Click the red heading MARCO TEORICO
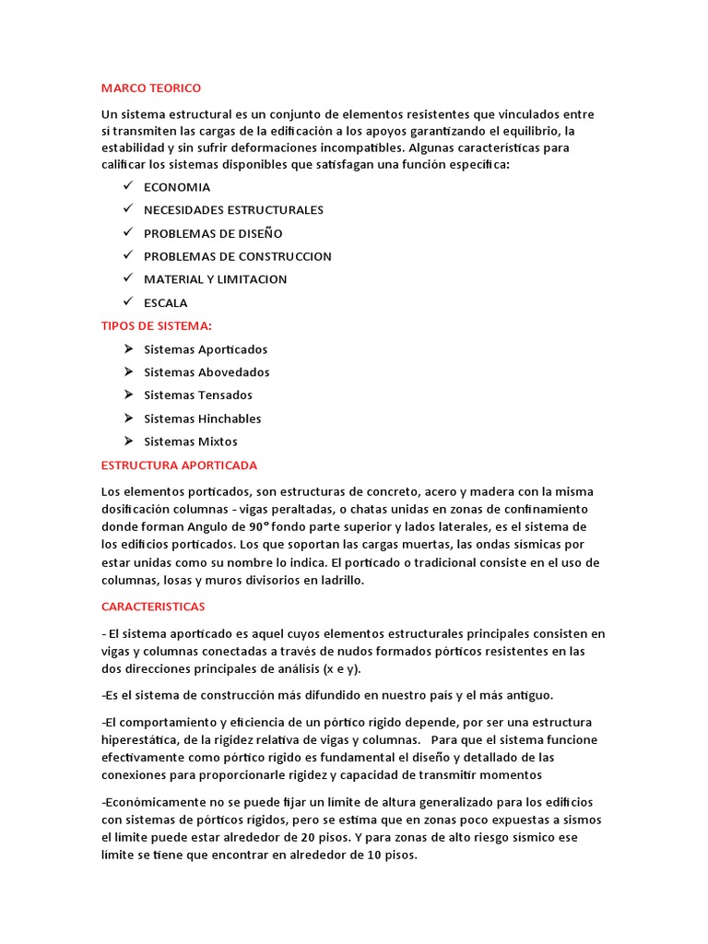(x=150, y=88)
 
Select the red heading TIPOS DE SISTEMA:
(x=156, y=325)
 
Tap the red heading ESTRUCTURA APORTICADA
(x=179, y=465)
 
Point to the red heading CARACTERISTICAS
(x=153, y=607)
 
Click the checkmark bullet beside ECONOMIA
(x=126, y=186)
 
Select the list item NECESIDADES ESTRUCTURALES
(x=233, y=210)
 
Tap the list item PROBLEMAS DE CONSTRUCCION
(x=237, y=256)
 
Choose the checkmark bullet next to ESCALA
(x=126, y=301)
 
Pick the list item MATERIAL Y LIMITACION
(x=215, y=279)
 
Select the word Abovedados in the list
(x=234, y=372)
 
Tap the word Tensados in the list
(x=225, y=395)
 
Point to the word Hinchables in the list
(x=230, y=419)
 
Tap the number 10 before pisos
(x=365, y=855)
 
